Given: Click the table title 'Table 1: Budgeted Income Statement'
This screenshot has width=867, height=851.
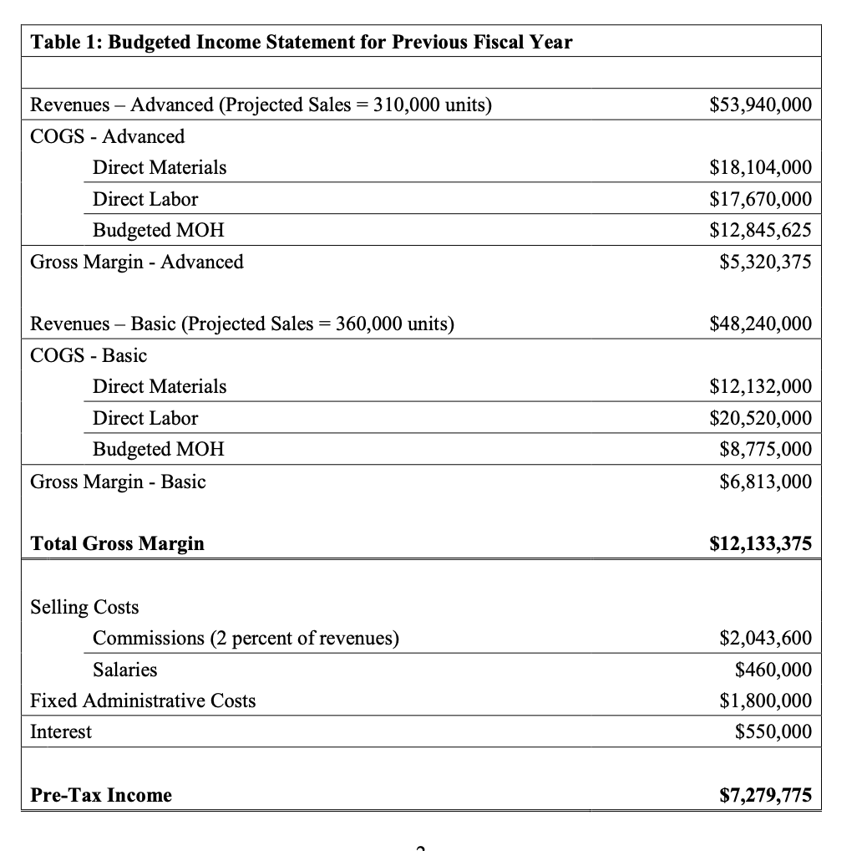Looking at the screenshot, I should [302, 42].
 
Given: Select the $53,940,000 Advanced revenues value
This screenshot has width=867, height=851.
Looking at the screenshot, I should [759, 105].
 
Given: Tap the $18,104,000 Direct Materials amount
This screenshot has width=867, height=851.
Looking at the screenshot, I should [759, 168].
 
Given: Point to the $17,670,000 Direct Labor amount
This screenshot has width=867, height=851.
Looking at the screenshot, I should [759, 200].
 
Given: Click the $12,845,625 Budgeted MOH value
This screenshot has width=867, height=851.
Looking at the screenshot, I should [759, 231].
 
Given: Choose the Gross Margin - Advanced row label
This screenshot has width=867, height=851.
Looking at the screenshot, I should [137, 262].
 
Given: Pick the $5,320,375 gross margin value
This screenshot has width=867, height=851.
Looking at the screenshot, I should [764, 262].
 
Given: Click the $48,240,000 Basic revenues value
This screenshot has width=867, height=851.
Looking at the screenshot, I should [759, 324].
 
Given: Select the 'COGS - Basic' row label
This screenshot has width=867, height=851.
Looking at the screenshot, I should [89, 356].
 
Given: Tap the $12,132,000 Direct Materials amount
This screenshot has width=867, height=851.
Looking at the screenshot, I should [759, 387].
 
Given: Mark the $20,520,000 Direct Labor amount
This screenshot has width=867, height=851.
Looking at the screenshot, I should [759, 419].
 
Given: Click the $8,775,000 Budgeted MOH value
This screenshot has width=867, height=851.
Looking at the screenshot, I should [764, 450].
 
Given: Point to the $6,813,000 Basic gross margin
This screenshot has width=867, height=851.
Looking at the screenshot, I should [764, 482].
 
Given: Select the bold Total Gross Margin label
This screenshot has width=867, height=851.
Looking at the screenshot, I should [117, 544].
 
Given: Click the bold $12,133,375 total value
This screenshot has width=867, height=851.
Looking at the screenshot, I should [759, 544].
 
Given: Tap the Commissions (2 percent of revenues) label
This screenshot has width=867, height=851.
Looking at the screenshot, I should [246, 639].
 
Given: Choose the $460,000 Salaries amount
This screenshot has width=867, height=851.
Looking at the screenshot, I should [773, 670].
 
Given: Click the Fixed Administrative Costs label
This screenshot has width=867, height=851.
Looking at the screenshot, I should [143, 701].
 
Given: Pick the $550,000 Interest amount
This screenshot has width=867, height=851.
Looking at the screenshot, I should [773, 732].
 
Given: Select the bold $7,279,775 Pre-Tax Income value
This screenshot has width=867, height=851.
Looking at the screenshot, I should [764, 796].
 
